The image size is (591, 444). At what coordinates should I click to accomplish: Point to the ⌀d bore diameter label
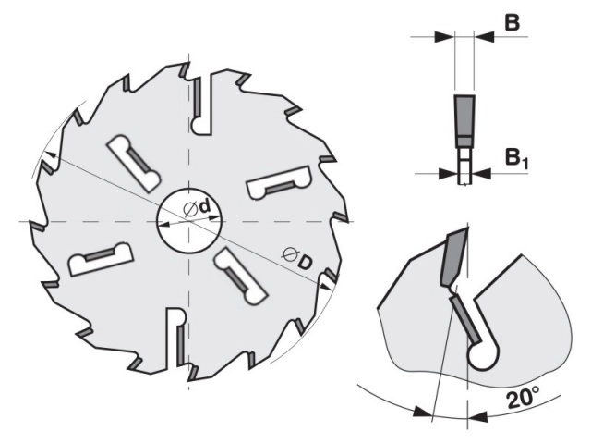point(195,207)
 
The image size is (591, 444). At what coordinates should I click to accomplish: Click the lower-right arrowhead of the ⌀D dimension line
point(329,286)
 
